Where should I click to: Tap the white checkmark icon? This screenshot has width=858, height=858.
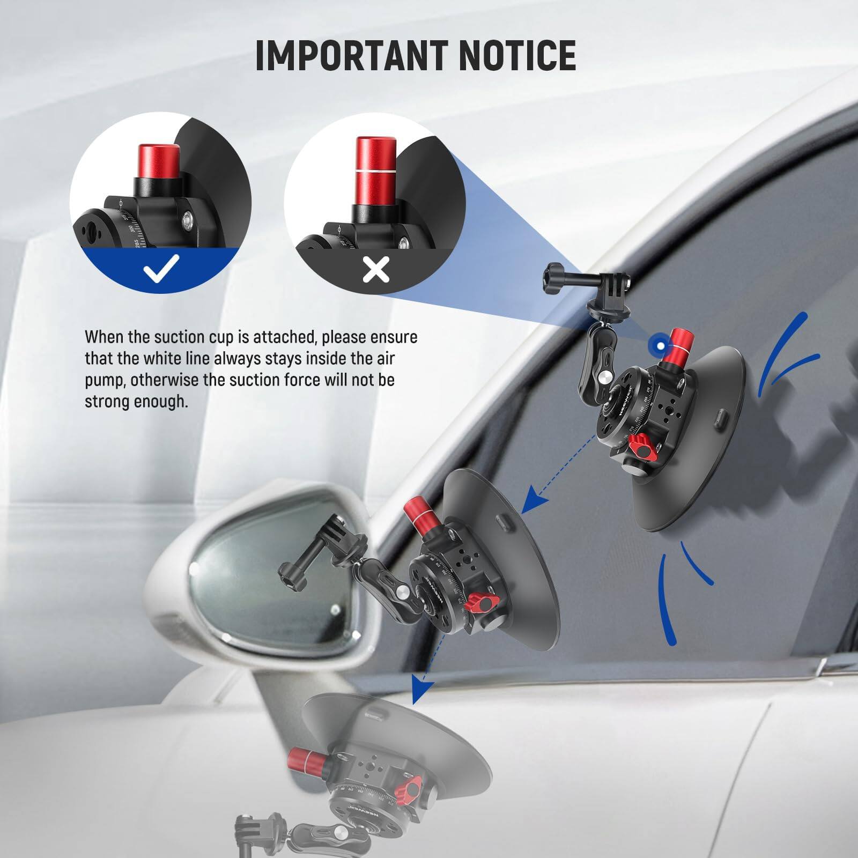[161, 269]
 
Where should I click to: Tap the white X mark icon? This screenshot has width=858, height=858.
[375, 269]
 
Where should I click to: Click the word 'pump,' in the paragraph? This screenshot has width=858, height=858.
[105, 380]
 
